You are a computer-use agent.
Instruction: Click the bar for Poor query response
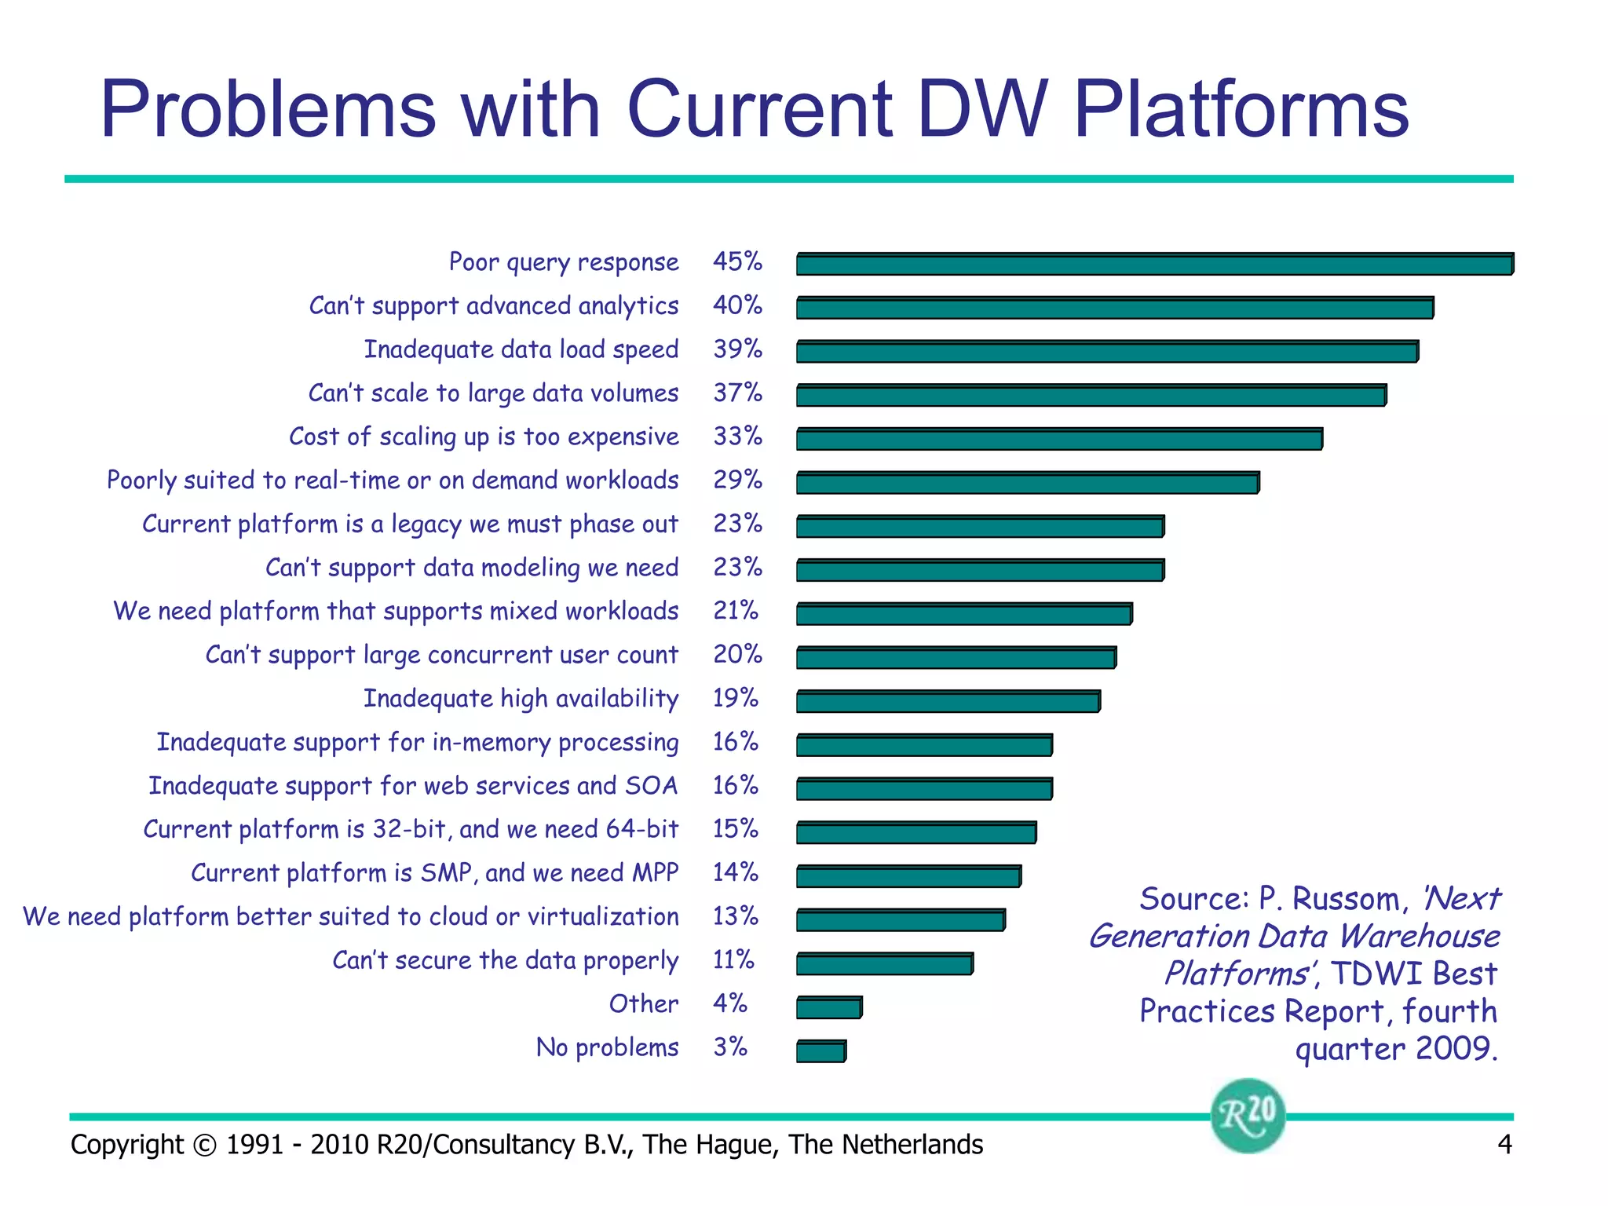pyautogui.click(x=1154, y=265)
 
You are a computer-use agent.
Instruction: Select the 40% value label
pyautogui.click(x=737, y=305)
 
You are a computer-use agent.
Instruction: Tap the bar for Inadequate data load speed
pyautogui.click(x=1107, y=352)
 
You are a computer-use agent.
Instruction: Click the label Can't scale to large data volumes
pyautogui.click(x=493, y=393)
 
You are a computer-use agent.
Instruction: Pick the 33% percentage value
pyautogui.click(x=737, y=436)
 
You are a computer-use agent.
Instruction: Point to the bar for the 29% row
pyautogui.click(x=1027, y=483)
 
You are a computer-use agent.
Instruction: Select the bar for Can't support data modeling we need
pyautogui.click(x=979, y=570)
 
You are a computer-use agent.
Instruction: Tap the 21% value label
pyautogui.click(x=736, y=610)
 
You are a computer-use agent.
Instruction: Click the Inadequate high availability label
pyautogui.click(x=521, y=698)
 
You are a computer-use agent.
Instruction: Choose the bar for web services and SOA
pyautogui.click(x=923, y=789)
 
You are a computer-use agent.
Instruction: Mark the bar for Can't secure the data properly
pyautogui.click(x=884, y=964)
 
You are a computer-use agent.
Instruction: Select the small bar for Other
pyautogui.click(x=828, y=1007)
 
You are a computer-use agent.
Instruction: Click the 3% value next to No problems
pyautogui.click(x=730, y=1047)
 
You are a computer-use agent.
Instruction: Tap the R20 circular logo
pyautogui.click(x=1248, y=1115)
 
